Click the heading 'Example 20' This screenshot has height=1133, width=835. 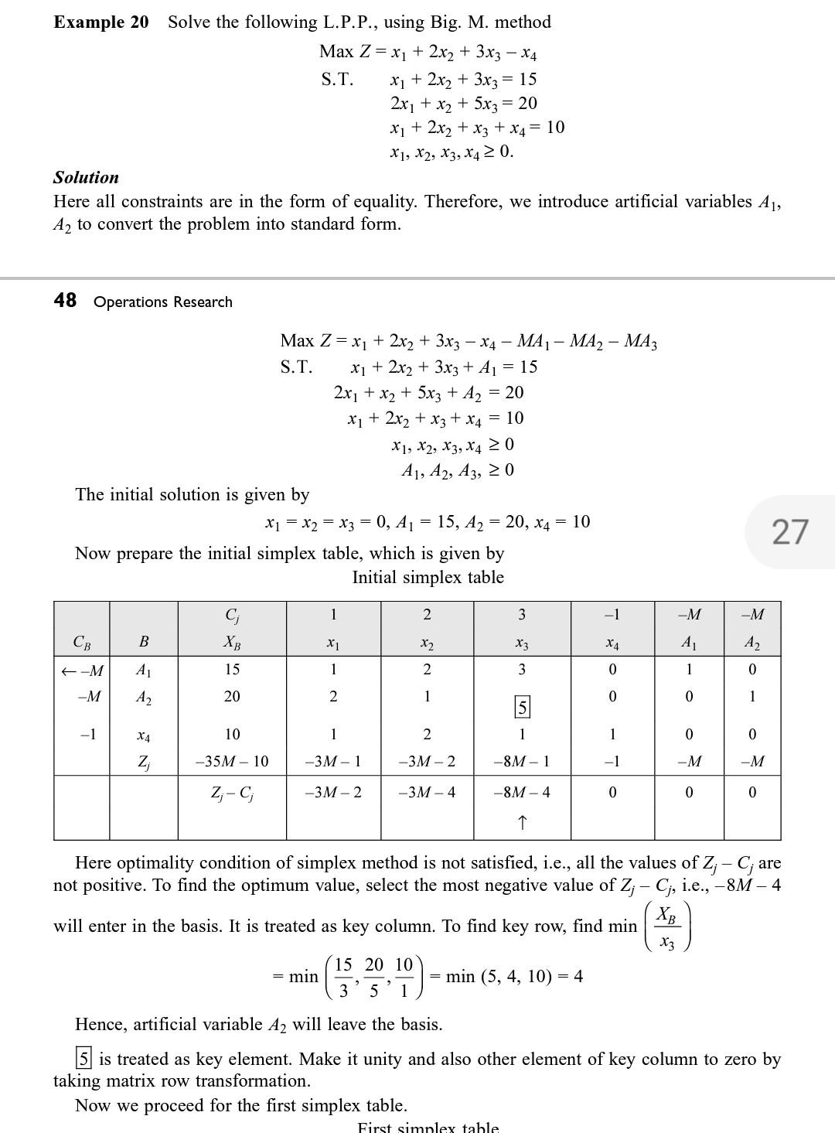[101, 22]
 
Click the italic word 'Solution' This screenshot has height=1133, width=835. [86, 177]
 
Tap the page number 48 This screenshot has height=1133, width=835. [65, 300]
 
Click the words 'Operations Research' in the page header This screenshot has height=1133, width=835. [162, 302]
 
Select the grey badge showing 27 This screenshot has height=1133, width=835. [789, 532]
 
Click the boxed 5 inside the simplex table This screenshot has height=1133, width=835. [522, 706]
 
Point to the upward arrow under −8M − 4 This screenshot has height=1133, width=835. [522, 822]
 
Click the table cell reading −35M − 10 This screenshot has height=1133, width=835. [232, 761]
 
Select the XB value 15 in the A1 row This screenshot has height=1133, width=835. [232, 669]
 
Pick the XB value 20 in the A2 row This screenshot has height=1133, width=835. [232, 696]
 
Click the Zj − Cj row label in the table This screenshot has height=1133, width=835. [232, 792]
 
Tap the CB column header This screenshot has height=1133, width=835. [81, 642]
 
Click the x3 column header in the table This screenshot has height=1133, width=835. [522, 643]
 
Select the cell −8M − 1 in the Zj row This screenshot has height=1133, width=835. [522, 761]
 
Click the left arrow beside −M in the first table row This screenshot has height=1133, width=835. [68, 671]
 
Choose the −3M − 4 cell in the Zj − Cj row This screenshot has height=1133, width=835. [427, 792]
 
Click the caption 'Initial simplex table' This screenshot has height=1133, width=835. [428, 577]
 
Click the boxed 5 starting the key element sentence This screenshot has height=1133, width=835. [83, 1057]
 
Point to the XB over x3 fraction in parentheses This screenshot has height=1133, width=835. [667, 927]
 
